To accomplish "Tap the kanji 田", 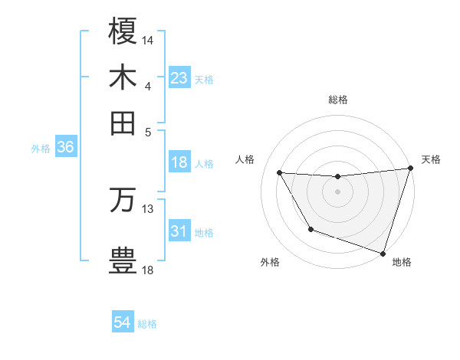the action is [x=123, y=123].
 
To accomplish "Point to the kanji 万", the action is [x=123, y=199].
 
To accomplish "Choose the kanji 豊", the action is [x=123, y=259].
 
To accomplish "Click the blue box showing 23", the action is [x=179, y=78].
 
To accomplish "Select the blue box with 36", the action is [x=65, y=148].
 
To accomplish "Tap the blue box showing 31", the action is [x=179, y=231].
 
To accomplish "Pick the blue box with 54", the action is [x=123, y=323].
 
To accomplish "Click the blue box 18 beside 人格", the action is [x=179, y=162].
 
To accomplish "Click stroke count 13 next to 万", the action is [x=148, y=208].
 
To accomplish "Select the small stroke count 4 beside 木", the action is [x=147, y=86].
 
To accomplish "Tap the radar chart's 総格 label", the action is [x=338, y=100].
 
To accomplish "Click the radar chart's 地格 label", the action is [x=402, y=262].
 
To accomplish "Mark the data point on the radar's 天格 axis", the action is [x=410, y=169].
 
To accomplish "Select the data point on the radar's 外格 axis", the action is [x=310, y=229].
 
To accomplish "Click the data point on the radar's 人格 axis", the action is [x=280, y=173].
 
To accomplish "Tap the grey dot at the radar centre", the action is [x=338, y=191].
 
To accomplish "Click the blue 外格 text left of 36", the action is [x=41, y=149].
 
